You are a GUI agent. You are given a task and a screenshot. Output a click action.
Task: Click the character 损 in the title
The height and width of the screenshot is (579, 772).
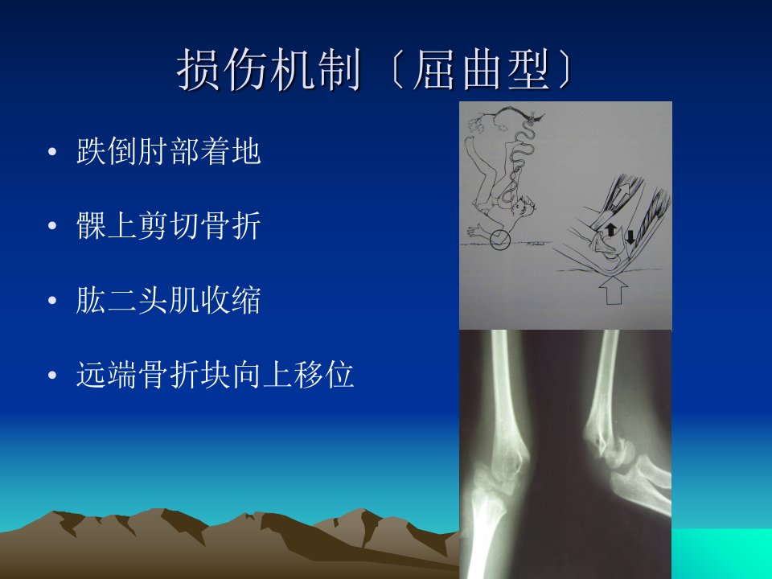(x=198, y=69)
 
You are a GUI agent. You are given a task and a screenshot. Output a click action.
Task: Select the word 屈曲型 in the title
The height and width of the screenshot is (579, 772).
(x=481, y=69)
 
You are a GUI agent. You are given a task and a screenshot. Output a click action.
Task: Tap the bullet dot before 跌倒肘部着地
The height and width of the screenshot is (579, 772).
(x=52, y=152)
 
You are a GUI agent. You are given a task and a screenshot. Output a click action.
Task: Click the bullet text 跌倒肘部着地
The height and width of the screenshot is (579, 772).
(x=168, y=151)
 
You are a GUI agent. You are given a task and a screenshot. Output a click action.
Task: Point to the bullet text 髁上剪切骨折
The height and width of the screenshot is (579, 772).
(x=168, y=226)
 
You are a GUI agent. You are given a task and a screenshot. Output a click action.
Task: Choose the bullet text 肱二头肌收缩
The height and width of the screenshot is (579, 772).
(x=168, y=300)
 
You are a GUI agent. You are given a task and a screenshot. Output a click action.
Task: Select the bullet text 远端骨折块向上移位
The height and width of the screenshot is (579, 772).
(x=216, y=375)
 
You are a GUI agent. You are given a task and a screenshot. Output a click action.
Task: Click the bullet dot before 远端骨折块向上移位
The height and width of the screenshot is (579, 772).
(x=52, y=376)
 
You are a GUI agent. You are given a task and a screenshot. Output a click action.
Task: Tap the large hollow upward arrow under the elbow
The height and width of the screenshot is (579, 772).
(x=614, y=289)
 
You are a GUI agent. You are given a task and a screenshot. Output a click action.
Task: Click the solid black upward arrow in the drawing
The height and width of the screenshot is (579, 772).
(x=610, y=229)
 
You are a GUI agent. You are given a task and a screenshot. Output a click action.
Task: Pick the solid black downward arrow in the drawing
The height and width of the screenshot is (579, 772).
(x=630, y=238)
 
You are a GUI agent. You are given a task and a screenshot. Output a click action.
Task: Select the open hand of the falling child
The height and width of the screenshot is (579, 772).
(x=476, y=230)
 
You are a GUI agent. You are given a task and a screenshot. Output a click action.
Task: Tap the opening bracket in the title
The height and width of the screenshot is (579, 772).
(x=396, y=69)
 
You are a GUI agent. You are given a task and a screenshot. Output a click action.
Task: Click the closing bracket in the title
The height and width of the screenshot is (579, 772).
(x=566, y=69)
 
